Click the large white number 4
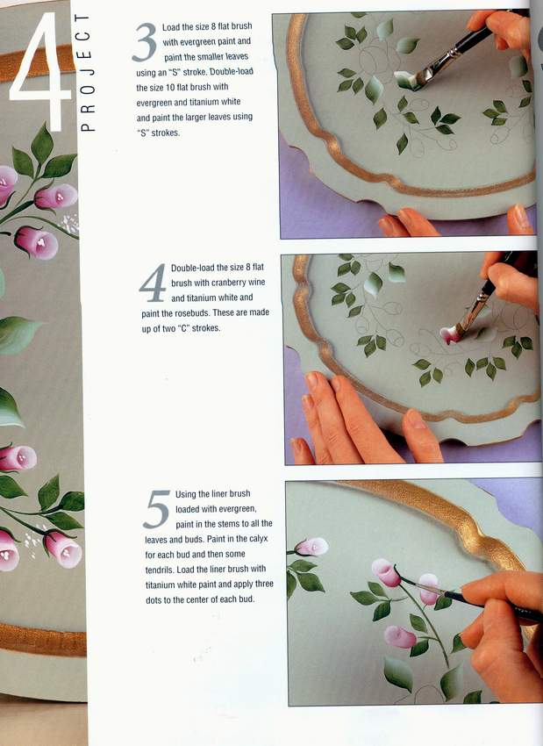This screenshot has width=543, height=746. pos(40,71)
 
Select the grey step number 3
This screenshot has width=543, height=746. pos(145,42)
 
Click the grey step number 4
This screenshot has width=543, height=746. pos(154,283)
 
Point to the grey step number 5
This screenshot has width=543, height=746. pos(157,509)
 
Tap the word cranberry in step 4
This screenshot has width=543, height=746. pos(228,283)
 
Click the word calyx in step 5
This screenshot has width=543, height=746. pos(259,539)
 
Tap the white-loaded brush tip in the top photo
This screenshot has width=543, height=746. pos(405,80)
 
